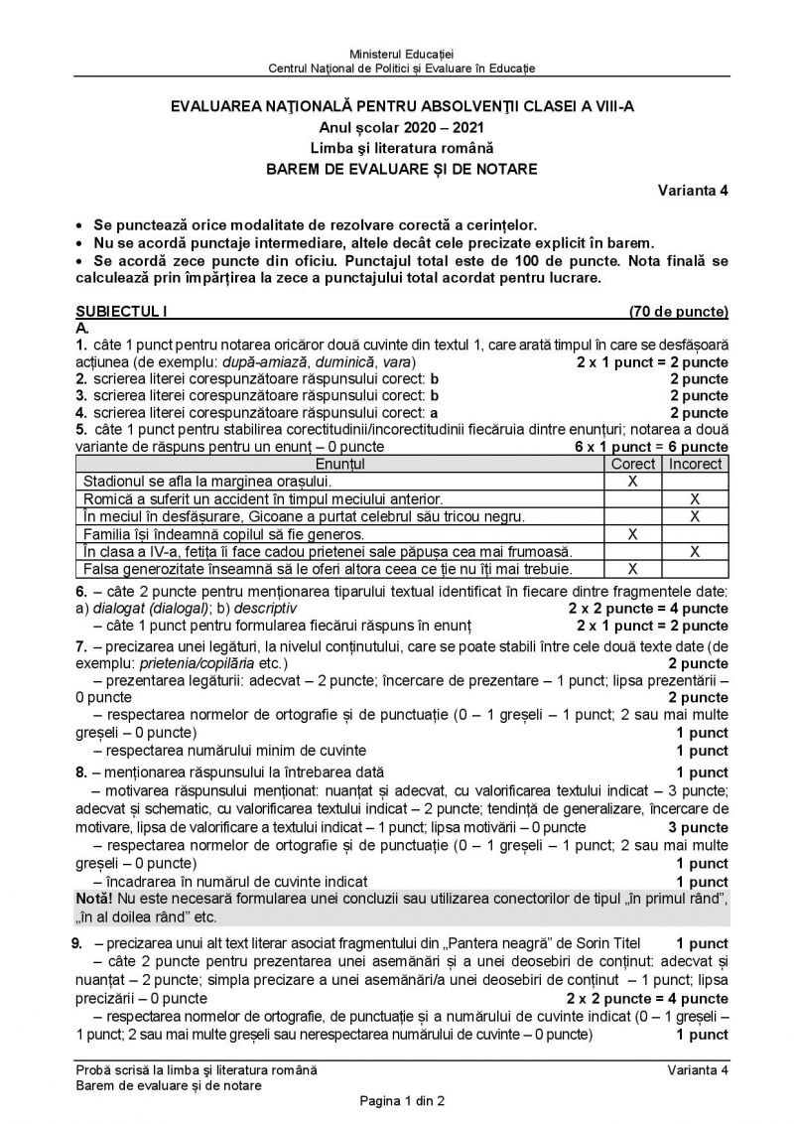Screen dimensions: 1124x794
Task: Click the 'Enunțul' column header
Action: coord(339,464)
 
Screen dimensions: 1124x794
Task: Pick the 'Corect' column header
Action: coord(632,464)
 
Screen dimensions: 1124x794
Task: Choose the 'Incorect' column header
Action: coord(695,464)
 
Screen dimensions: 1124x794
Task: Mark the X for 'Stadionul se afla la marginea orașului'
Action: coord(632,481)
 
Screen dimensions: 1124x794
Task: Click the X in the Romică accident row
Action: coord(695,498)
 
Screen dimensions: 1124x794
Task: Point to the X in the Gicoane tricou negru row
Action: coord(695,516)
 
